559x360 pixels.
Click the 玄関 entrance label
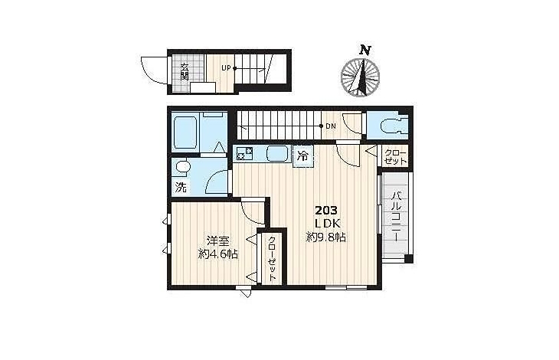coord(185,71)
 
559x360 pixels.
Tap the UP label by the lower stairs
coord(227,67)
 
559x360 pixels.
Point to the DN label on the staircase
coord(331,126)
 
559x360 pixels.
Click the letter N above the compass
coord(364,50)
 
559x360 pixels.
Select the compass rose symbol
coord(360,77)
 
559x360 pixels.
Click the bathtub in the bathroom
coord(185,132)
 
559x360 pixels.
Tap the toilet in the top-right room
coord(390,126)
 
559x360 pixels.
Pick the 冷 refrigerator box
coord(302,155)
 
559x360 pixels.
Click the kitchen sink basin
coord(277,154)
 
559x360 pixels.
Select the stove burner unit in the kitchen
coord(244,153)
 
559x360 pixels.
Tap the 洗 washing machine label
coord(181,187)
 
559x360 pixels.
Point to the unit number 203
coord(326,211)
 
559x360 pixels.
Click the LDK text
coord(327,224)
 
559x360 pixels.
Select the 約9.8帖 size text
coord(326,237)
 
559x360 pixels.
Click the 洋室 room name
coord(218,241)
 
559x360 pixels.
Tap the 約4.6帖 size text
coord(218,254)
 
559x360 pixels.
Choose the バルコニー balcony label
coord(397,217)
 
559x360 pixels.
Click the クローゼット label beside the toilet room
coord(395,156)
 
